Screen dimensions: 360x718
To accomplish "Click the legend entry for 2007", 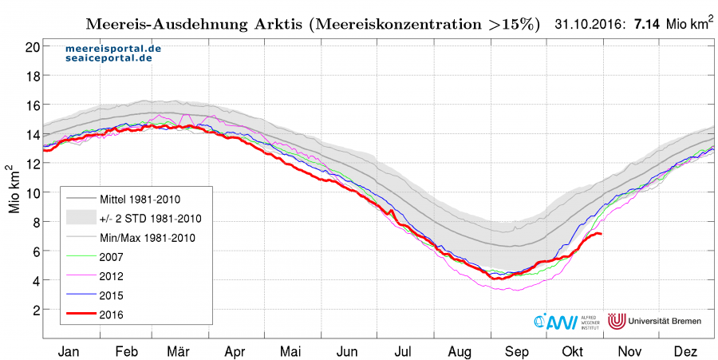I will point(111,257).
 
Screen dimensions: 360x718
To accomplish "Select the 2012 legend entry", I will point(111,276).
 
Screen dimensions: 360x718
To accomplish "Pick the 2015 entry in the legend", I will point(111,295).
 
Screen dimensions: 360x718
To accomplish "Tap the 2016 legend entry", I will point(111,315).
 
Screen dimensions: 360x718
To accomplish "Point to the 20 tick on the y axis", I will point(33,47).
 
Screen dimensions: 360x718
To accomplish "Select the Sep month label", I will point(516,352).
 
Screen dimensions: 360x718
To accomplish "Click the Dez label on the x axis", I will point(685,352).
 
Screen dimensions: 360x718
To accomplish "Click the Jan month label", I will point(69,352).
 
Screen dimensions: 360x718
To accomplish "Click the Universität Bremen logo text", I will point(665,321).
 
